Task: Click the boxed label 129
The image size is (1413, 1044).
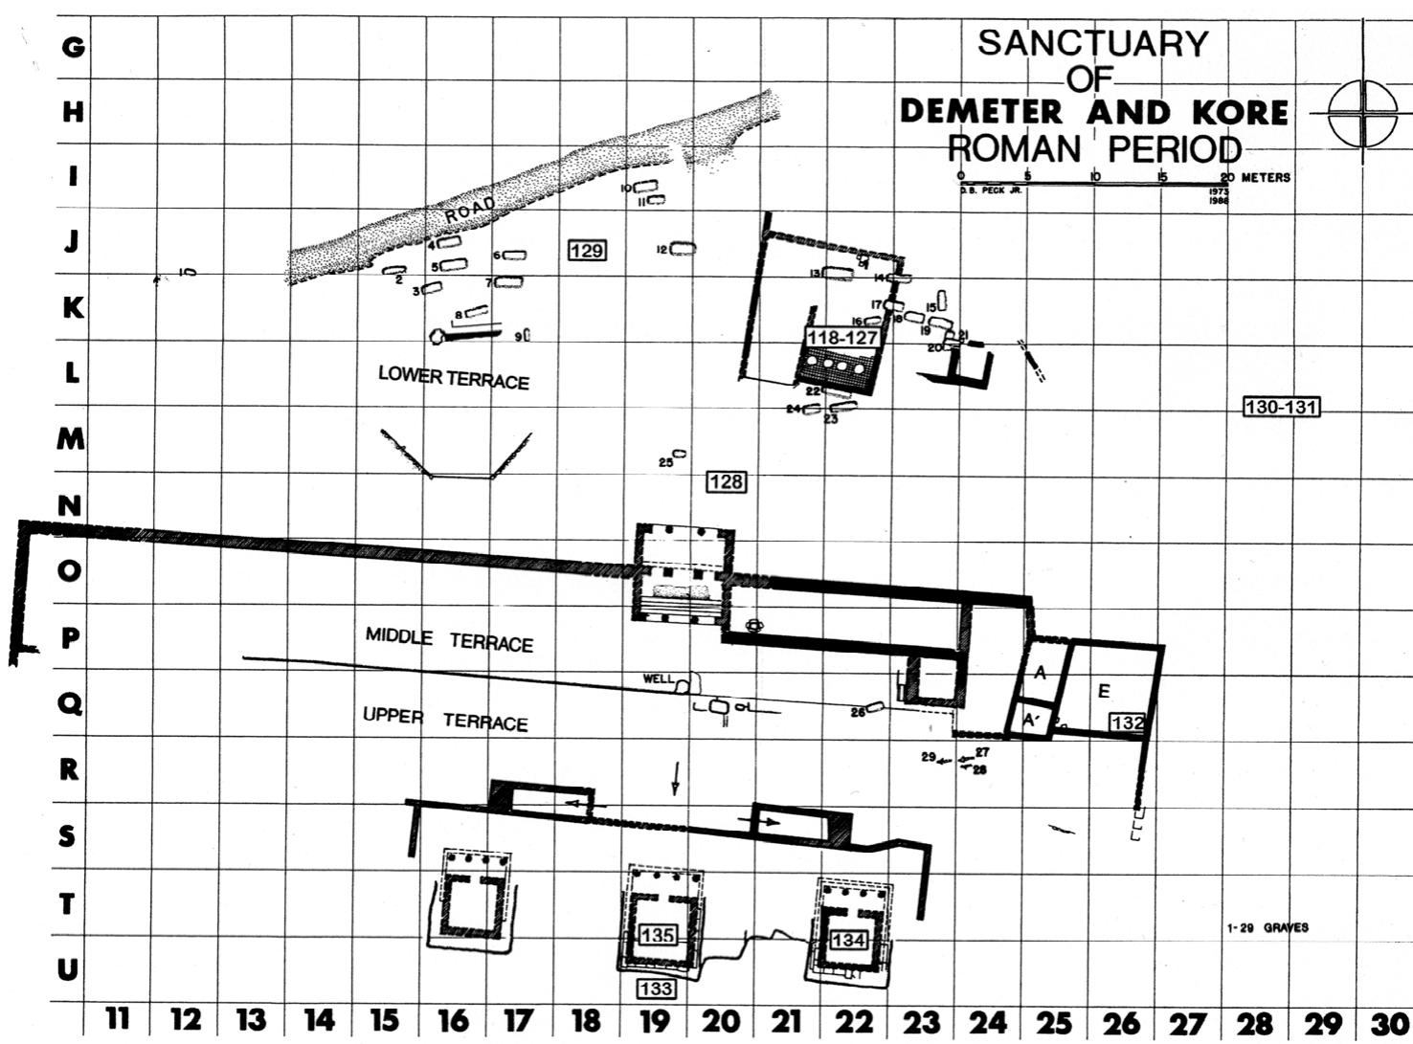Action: (586, 251)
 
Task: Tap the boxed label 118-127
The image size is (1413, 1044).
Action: (841, 338)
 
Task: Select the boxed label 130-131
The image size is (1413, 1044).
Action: (1281, 407)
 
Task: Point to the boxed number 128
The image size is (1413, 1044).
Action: (725, 481)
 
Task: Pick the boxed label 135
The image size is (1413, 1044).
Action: (657, 935)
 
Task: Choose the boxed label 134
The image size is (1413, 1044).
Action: (848, 941)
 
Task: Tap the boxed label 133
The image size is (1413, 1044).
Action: (656, 988)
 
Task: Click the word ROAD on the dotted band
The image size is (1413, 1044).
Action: (470, 210)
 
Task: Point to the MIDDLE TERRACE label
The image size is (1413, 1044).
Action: (449, 639)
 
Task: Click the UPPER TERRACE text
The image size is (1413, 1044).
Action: (445, 719)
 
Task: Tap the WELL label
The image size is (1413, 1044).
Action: (658, 678)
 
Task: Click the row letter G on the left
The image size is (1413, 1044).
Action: (72, 45)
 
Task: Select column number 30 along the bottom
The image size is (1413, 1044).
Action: (1391, 1022)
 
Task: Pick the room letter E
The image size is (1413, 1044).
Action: (1104, 691)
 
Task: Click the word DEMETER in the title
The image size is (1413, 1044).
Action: (981, 112)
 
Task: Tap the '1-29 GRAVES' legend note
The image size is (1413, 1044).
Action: (1267, 927)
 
